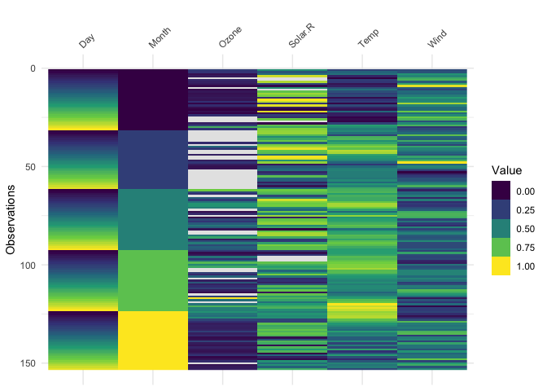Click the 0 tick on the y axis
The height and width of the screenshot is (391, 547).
tap(33, 68)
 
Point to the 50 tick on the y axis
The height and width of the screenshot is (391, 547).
tap(31, 167)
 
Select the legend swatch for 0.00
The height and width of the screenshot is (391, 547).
tap(501, 191)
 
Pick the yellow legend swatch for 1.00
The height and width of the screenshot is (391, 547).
tap(501, 266)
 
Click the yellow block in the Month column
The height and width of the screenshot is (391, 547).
tap(152, 340)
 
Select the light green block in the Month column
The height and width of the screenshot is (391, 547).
tap(152, 280)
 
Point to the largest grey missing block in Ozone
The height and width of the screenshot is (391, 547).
tap(222, 178)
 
